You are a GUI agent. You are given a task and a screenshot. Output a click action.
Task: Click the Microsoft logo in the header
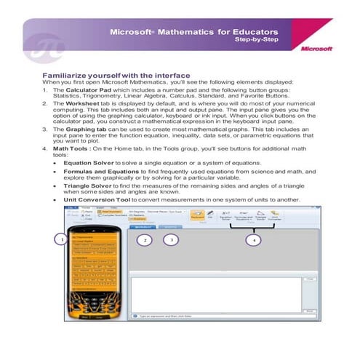(x=317, y=49)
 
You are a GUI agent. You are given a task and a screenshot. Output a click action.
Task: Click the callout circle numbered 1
(x=63, y=239)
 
